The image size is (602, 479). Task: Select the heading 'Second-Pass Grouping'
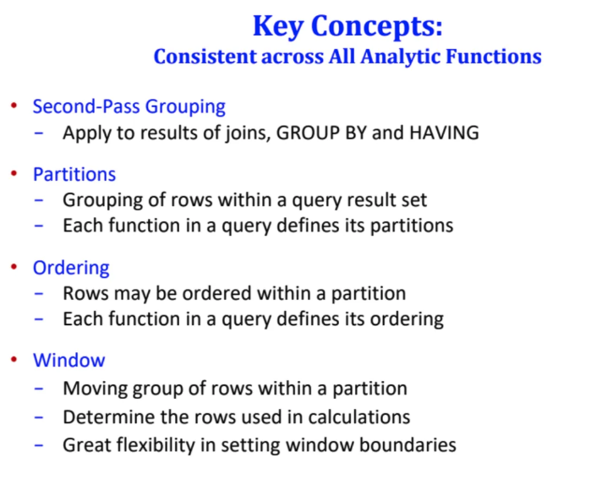(129, 107)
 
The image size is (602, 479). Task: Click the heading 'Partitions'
(74, 175)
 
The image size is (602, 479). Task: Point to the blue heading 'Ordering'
(71, 268)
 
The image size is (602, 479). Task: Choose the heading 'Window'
(68, 361)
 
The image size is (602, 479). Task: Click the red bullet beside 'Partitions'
(14, 174)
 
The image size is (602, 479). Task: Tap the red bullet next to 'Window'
(14, 360)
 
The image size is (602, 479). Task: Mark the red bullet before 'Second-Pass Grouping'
(14, 106)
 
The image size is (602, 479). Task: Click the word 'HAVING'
(445, 133)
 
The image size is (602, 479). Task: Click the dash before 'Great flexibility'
(40, 444)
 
